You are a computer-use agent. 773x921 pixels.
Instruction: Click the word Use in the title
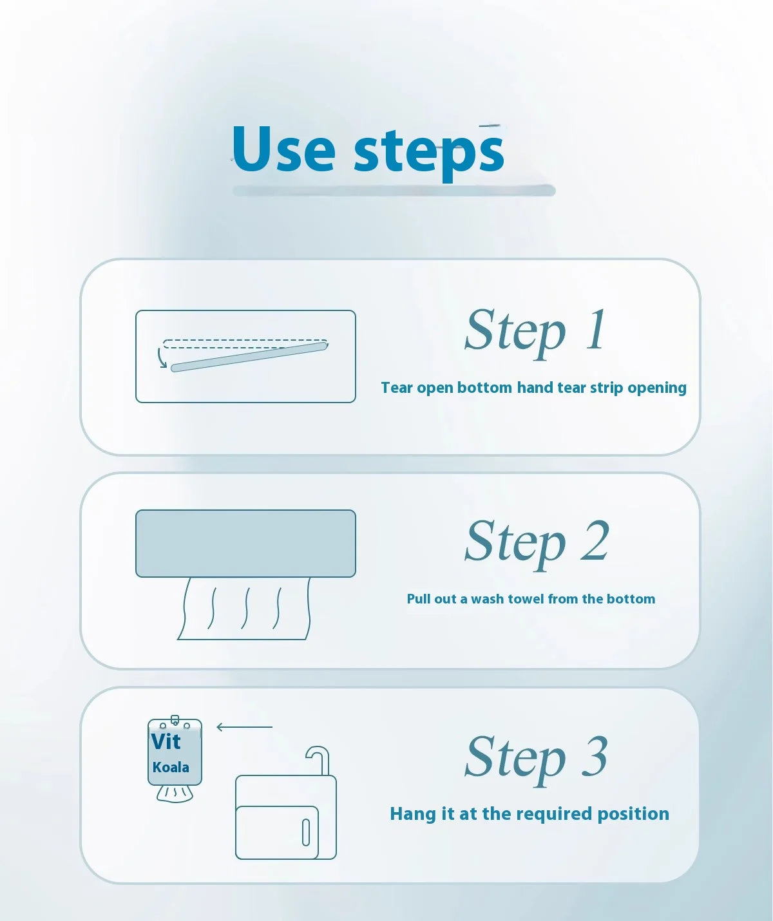pyautogui.click(x=283, y=149)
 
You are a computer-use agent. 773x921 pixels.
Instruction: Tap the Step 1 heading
pyautogui.click(x=536, y=332)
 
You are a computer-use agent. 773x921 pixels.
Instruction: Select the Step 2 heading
pyautogui.click(x=537, y=544)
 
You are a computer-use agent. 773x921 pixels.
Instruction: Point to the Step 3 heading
pyautogui.click(x=537, y=759)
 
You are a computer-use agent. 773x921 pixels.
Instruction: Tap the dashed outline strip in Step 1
pyautogui.click(x=245, y=344)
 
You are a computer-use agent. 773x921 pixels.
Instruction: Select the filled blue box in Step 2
pyautogui.click(x=245, y=544)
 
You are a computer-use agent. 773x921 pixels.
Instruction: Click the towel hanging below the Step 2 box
pyautogui.click(x=244, y=609)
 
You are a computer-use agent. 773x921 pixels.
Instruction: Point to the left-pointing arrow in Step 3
pyautogui.click(x=244, y=727)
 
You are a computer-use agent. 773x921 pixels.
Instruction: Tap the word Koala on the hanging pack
pyautogui.click(x=171, y=767)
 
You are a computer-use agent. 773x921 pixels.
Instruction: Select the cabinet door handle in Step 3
pyautogui.click(x=306, y=833)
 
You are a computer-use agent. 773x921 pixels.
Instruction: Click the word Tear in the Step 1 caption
pyautogui.click(x=397, y=388)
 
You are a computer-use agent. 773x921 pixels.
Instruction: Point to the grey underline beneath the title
pyautogui.click(x=394, y=191)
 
